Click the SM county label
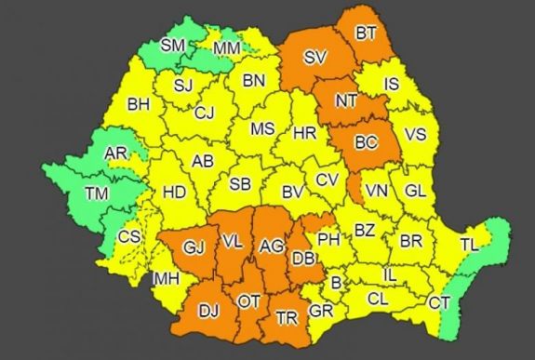pyautogui.click(x=173, y=45)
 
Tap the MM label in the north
pyautogui.click(x=225, y=46)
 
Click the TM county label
pyautogui.click(x=95, y=193)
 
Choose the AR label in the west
pyautogui.click(x=116, y=153)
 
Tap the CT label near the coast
pyautogui.click(x=438, y=302)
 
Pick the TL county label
pyautogui.click(x=468, y=245)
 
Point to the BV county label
pyautogui.click(x=293, y=193)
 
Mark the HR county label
pyautogui.click(x=304, y=134)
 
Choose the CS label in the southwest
pyautogui.click(x=129, y=237)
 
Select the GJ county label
pyautogui.click(x=193, y=247)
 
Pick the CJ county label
pyautogui.click(x=205, y=113)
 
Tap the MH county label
pyautogui.click(x=167, y=278)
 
